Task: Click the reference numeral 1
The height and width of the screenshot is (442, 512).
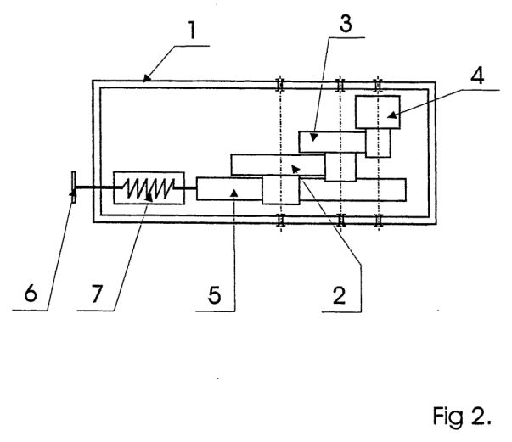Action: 192,30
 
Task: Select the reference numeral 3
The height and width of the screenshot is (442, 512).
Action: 346,23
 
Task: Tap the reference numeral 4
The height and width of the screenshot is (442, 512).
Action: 477,76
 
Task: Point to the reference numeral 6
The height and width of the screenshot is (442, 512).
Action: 31,293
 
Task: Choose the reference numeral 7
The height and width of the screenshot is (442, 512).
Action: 97,293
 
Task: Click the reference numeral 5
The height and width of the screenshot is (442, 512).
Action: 214,295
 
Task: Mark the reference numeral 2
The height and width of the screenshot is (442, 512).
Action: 339,295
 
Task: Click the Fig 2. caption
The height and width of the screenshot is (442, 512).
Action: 462,417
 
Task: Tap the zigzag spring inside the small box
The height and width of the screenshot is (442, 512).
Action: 149,188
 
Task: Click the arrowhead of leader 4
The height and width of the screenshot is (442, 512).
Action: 391,115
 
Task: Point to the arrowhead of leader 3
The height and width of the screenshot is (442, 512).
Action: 313,137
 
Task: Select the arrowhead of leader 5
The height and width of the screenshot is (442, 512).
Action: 233,193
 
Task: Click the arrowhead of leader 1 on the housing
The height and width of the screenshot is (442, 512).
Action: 147,78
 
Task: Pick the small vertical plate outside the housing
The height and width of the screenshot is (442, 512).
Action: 74,187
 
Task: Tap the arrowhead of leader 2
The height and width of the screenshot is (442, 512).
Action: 295,169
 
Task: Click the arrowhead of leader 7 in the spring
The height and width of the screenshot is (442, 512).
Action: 149,198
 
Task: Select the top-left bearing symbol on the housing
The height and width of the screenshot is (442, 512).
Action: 280,85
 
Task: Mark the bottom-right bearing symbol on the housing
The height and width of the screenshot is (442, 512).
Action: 379,220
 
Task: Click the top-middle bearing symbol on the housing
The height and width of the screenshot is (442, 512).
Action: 340,85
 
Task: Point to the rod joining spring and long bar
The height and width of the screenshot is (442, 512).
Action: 185,187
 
